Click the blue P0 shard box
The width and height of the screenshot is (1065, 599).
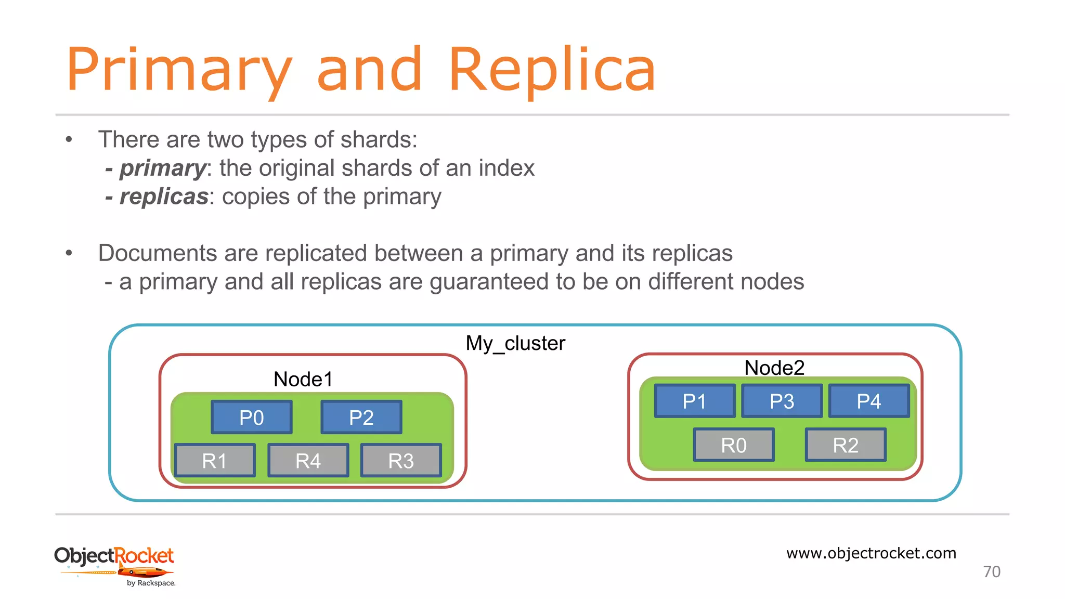point(252,417)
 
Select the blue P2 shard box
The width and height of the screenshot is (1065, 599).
point(361,417)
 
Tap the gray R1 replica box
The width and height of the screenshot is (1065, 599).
point(215,460)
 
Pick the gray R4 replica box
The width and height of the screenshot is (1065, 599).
point(308,460)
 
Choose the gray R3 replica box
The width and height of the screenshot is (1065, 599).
point(401,460)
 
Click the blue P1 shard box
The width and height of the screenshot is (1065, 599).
point(695,401)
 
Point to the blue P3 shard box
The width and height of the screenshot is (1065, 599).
point(782,401)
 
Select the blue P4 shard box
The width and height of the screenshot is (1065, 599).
point(869,401)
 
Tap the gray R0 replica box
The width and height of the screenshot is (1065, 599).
point(734,445)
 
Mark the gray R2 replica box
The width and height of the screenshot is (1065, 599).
point(846,445)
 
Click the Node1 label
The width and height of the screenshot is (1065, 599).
point(303,379)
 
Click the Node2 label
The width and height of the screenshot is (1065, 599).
point(774,368)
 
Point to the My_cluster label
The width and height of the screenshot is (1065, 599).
point(515,343)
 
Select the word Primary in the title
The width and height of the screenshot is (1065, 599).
point(179,70)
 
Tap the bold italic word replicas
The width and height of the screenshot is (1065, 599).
point(164,197)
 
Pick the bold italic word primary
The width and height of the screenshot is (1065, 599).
point(163,168)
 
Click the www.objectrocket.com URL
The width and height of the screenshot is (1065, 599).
point(871,553)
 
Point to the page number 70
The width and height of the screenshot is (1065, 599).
point(992,571)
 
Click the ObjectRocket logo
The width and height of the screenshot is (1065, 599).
point(114,564)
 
